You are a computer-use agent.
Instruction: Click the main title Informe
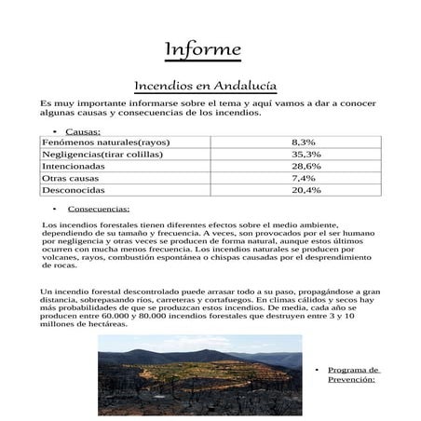coord(202,48)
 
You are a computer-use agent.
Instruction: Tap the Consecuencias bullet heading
coord(99,209)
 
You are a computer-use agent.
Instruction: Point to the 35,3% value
coord(306,154)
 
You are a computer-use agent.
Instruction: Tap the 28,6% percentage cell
coord(306,166)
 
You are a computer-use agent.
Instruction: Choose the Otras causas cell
coord(74,177)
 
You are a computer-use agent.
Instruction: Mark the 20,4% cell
coord(306,189)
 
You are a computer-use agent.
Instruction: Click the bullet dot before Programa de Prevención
coord(317,370)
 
